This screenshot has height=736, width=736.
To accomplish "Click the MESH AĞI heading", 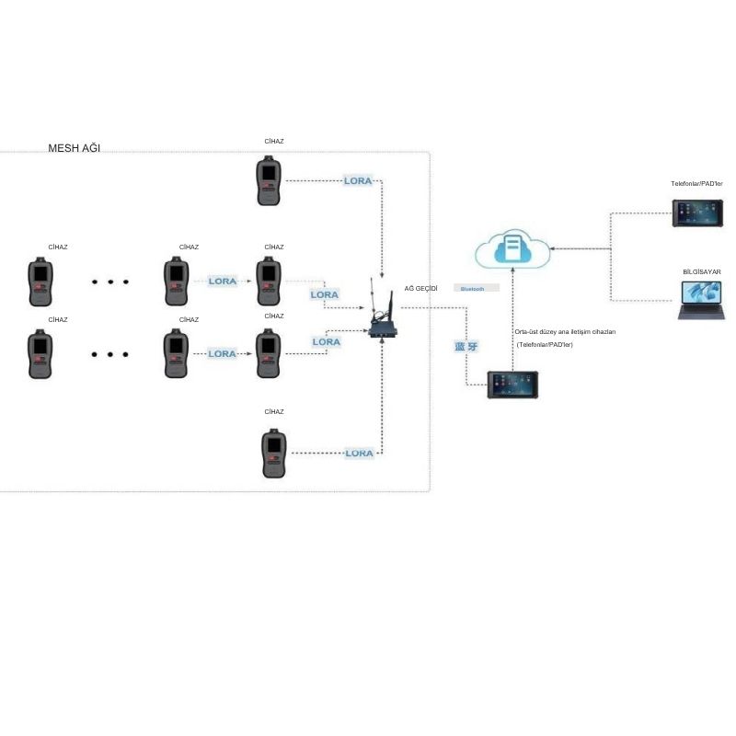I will click(x=75, y=148).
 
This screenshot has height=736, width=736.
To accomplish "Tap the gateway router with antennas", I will click(x=382, y=322).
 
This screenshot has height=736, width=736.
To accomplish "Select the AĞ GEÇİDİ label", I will click(x=421, y=289).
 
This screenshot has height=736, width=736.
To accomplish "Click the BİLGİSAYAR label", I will click(x=702, y=272).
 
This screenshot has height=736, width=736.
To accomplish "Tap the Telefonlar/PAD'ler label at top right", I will click(x=696, y=184).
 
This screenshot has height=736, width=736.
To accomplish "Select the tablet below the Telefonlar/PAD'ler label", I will click(x=696, y=213).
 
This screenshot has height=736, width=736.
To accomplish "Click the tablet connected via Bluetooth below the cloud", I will click(x=512, y=385).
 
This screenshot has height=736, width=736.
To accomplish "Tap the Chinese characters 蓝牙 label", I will click(x=466, y=347).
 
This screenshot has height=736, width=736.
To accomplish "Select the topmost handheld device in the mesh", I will click(x=269, y=180).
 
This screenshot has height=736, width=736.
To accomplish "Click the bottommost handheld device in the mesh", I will click(x=273, y=453).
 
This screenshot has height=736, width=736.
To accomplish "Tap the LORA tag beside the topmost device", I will click(x=358, y=180).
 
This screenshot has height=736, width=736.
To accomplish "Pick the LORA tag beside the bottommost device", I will click(x=359, y=453).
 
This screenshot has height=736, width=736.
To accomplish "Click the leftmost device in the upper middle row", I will click(x=40, y=282).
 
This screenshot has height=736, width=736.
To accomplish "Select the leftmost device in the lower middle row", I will click(x=40, y=353).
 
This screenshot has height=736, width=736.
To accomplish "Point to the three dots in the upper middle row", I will click(x=109, y=282).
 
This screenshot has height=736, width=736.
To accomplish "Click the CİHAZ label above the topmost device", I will click(x=273, y=142).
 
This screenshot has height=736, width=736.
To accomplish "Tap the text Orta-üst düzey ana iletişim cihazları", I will click(x=565, y=331).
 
